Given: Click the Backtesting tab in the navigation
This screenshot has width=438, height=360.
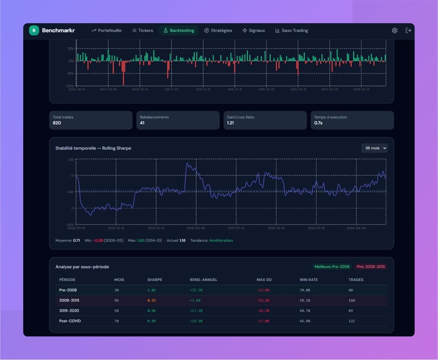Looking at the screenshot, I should point(178,30).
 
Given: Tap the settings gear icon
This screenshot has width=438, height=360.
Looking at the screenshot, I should point(395,30).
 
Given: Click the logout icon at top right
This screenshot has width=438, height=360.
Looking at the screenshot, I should point(408,30).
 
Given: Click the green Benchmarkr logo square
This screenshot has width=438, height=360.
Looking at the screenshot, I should point(34,30).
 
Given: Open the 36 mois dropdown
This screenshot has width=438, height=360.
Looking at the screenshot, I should point(374,148).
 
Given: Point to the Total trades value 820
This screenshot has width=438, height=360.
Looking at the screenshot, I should point(57,123).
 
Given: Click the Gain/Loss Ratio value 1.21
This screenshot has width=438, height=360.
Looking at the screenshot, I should point(230,123).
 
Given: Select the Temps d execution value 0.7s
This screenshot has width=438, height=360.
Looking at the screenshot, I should point(318,123).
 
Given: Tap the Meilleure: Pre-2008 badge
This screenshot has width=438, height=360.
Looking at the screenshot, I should point(332,266).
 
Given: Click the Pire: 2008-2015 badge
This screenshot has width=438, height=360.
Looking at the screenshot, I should point(371,266).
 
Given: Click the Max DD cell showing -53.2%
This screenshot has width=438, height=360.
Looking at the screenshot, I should point(263,301).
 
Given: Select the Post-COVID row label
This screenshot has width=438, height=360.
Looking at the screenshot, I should point(70,321).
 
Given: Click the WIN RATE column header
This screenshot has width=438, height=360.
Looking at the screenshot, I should point(308,280).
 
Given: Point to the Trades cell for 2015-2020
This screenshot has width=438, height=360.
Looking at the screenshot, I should point(352,311).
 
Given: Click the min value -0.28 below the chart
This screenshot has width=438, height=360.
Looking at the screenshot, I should point(98,240).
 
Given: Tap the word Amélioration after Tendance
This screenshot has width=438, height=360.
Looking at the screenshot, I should point(221,240).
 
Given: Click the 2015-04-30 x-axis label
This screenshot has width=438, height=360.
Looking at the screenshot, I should point(196,228).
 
